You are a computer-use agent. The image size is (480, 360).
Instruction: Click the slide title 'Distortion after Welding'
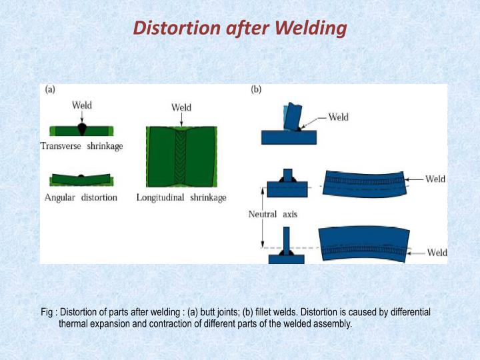pos(240,28)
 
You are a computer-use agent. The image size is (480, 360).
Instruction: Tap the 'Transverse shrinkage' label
pos(81,146)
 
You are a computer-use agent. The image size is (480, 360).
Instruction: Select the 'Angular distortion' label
pos(81,197)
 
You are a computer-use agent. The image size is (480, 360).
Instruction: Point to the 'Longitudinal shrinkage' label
pos(181,197)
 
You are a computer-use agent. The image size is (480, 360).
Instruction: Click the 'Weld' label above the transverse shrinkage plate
pos(81,105)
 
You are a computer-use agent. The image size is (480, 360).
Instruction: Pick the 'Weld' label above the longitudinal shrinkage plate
pos(181,107)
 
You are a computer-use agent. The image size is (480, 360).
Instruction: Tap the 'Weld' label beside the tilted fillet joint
pos(339,117)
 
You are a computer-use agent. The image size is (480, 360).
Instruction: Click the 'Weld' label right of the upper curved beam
pos(435,179)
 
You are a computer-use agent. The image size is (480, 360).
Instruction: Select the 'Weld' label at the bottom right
pos(437,253)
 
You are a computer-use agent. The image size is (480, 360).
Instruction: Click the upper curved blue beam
pos(365,183)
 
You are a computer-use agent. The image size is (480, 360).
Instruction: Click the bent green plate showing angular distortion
pos(81,179)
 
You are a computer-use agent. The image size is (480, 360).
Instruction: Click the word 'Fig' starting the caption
pos(47,312)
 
